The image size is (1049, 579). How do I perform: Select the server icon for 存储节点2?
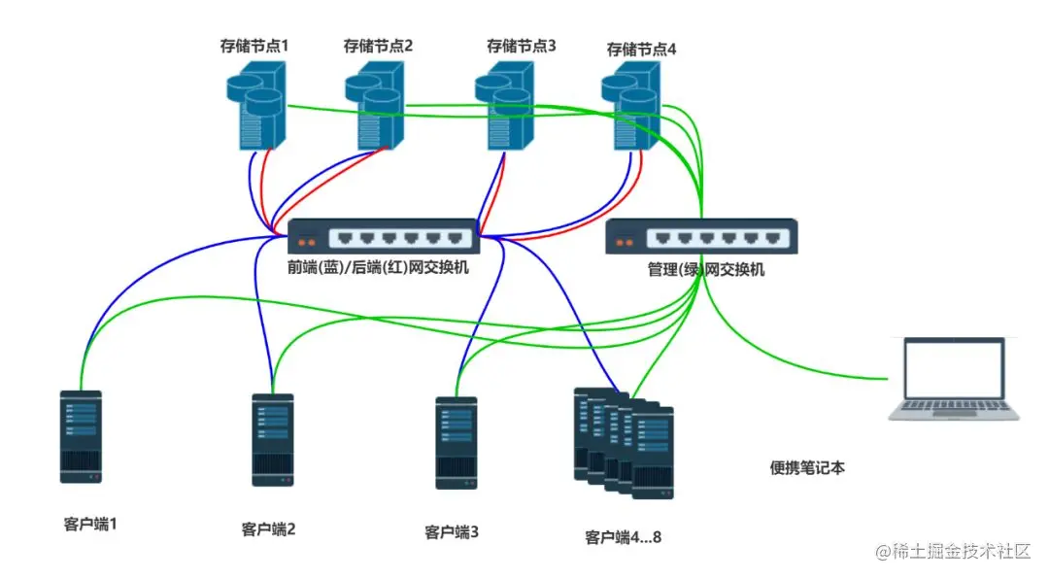click(x=375, y=105)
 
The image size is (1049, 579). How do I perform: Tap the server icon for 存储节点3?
click(x=506, y=105)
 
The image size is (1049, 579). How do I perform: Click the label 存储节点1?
click(x=254, y=46)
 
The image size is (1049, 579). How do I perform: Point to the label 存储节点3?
click(x=522, y=46)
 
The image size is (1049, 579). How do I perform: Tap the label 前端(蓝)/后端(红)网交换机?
click(x=378, y=266)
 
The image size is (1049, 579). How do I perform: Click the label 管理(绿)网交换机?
click(x=705, y=269)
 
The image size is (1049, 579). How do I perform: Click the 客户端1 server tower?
click(x=81, y=436)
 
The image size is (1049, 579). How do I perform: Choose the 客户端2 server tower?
click(x=273, y=439)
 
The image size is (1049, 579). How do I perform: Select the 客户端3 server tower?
click(x=456, y=442)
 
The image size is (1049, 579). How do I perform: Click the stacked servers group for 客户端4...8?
click(x=623, y=442)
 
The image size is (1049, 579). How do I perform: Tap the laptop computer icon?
click(x=956, y=380)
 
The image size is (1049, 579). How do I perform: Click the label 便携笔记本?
click(x=807, y=467)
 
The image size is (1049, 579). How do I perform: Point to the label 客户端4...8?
click(x=623, y=537)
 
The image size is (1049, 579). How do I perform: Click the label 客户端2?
click(x=268, y=529)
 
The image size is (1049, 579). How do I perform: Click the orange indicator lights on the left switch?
click(x=307, y=242)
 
